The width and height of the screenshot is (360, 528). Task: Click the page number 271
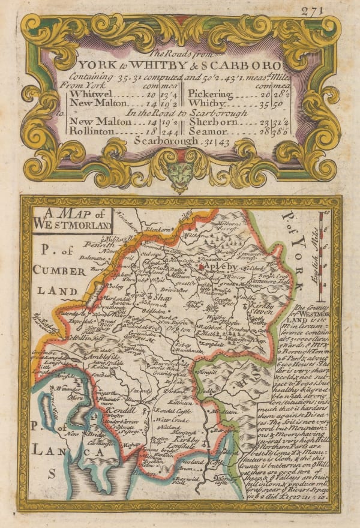point(328,11)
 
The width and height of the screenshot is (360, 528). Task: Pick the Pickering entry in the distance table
point(209,94)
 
